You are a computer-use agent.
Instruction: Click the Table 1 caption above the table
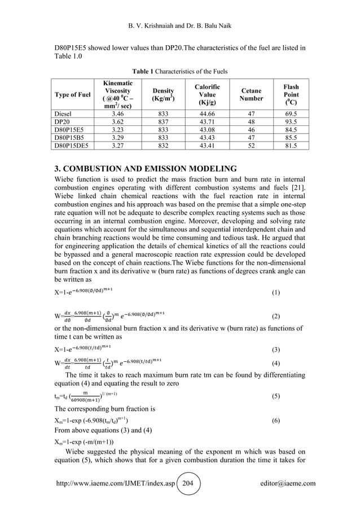click(180, 71)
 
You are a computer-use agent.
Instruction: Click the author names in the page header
click(180, 10)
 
